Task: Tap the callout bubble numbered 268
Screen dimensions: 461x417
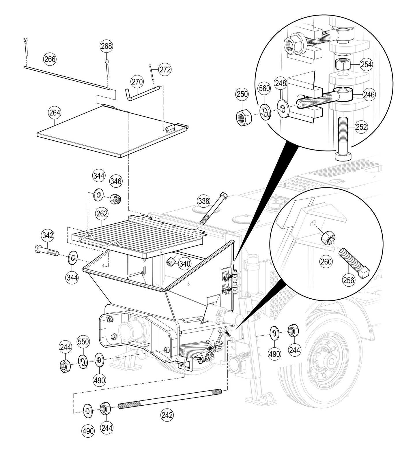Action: pyautogui.click(x=106, y=46)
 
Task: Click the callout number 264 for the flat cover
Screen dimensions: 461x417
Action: pyautogui.click(x=55, y=113)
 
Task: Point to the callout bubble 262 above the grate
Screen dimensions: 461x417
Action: pyautogui.click(x=102, y=214)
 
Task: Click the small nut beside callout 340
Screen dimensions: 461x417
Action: pyautogui.click(x=171, y=261)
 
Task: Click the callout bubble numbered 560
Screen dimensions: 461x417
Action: pyautogui.click(x=264, y=88)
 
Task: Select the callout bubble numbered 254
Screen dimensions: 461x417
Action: pyautogui.click(x=366, y=64)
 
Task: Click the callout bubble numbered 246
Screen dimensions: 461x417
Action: pyautogui.click(x=369, y=94)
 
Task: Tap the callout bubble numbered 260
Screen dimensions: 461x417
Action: pyautogui.click(x=326, y=261)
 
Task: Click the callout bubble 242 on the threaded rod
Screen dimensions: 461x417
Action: pyautogui.click(x=167, y=415)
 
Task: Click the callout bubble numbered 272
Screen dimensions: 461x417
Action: pyautogui.click(x=165, y=69)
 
